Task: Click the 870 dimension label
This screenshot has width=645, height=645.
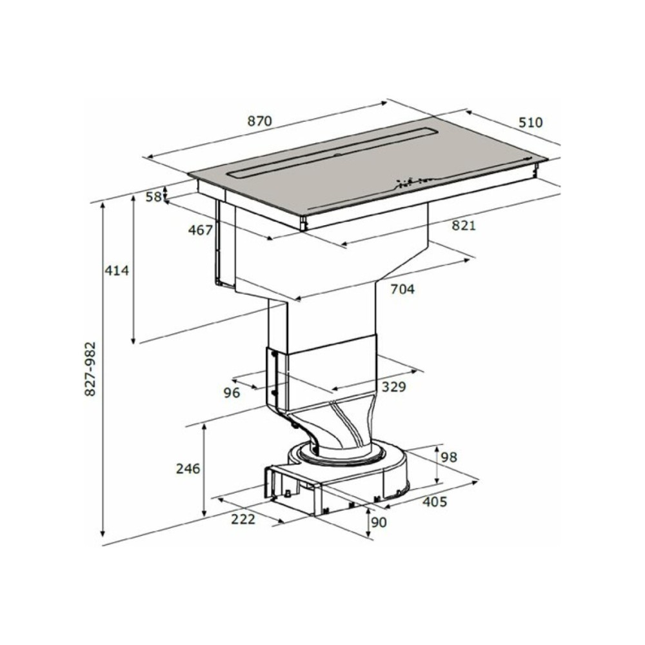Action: click(x=259, y=121)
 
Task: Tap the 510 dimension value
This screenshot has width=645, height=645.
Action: click(x=531, y=122)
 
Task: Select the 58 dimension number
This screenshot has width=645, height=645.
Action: click(x=153, y=197)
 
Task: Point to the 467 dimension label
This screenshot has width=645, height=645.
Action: click(x=200, y=230)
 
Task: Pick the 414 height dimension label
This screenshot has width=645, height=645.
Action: click(x=117, y=271)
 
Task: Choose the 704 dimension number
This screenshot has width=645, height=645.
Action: click(x=402, y=289)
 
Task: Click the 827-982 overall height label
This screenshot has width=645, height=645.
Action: click(x=90, y=369)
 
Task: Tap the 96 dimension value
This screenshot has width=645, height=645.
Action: click(x=232, y=393)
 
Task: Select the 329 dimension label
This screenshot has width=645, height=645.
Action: click(x=393, y=387)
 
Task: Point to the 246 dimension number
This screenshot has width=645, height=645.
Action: click(x=188, y=469)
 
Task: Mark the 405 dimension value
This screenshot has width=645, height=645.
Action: click(x=435, y=502)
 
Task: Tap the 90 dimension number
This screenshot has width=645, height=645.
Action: click(x=379, y=522)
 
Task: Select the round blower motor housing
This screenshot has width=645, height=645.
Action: click(x=352, y=468)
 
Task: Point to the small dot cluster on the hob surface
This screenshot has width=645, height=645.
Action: click(x=410, y=182)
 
